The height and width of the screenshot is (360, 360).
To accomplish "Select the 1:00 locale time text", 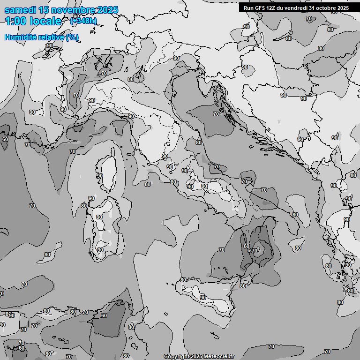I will (33, 21).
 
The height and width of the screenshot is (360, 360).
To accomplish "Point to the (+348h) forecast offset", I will (83, 21).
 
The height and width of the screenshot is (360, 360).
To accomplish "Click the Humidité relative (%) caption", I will (41, 37).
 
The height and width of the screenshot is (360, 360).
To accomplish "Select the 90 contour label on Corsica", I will (99, 176).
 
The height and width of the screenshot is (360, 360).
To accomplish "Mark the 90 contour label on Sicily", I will (202, 298).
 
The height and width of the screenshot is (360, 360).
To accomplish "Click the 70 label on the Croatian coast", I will (216, 114).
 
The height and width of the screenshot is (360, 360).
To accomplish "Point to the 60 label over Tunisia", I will (104, 315).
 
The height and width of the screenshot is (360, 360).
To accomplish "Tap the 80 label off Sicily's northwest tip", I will (183, 280).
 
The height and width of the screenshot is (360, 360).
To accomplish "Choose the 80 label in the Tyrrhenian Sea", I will (148, 184).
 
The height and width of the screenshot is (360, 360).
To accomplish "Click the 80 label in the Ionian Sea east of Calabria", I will (298, 248).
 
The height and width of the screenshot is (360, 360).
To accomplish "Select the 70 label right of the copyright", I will (271, 346).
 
